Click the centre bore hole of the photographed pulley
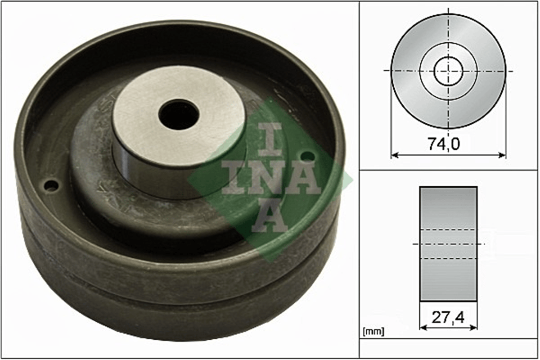(179, 115)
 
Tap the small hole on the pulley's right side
(309, 157)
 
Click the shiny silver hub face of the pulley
(179, 116)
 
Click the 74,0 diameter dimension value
(444, 144)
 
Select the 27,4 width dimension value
(448, 318)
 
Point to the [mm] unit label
(373, 332)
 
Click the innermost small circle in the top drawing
(448, 71)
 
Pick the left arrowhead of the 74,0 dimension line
(394, 155)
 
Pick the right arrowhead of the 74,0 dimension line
(502, 155)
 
